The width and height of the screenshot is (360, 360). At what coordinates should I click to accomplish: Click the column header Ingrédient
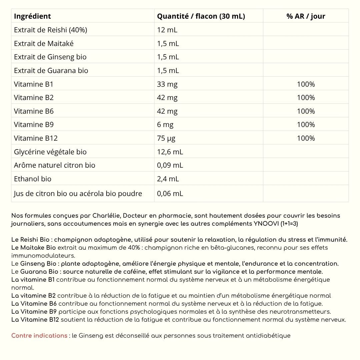[32, 16]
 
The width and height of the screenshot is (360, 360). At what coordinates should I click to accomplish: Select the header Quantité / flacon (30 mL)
[201, 16]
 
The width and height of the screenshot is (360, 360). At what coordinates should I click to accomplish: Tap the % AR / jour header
[306, 16]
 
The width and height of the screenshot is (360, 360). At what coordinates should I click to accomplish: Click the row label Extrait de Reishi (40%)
[50, 30]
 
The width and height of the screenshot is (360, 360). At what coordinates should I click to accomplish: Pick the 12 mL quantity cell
[167, 30]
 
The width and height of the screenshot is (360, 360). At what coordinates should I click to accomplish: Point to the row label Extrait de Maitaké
[44, 43]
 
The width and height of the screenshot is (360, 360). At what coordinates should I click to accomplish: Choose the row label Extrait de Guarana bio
[51, 70]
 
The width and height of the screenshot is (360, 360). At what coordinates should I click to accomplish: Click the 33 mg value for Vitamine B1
[167, 84]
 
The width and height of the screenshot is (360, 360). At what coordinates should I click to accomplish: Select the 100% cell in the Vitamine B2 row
[306, 97]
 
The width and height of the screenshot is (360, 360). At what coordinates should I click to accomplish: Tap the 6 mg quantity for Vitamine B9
[165, 124]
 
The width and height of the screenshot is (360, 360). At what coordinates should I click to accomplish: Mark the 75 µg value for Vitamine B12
[166, 138]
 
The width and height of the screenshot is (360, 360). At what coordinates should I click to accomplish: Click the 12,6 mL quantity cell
[170, 152]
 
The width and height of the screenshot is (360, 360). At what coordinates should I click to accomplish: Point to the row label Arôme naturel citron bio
[54, 165]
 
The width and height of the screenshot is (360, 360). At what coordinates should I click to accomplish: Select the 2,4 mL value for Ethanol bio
[168, 179]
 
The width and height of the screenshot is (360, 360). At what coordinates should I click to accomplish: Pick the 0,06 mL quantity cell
[170, 193]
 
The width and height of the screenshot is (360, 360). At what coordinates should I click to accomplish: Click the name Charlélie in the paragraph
[105, 216]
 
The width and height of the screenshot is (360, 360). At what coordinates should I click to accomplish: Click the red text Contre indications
[39, 336]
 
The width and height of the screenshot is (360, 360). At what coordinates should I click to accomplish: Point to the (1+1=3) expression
[290, 224]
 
